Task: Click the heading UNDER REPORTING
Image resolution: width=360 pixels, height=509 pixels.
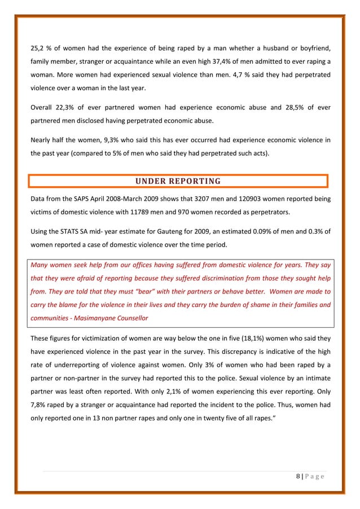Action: [178, 181]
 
